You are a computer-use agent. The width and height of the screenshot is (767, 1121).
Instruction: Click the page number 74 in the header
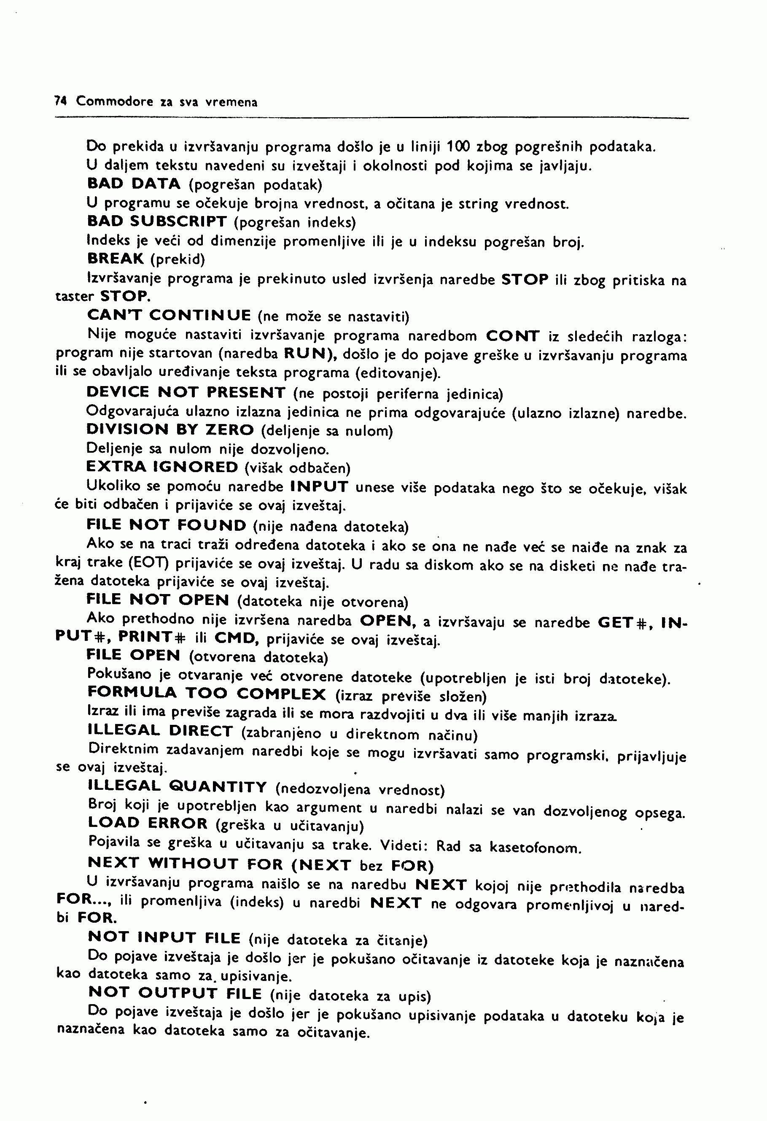click(60, 101)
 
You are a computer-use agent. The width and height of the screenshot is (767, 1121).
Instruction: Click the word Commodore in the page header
click(115, 101)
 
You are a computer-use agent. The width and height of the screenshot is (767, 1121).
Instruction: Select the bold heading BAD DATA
click(134, 184)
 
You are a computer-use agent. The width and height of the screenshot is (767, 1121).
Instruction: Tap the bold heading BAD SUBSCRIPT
click(157, 221)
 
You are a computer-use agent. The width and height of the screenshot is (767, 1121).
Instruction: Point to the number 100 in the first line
click(458, 146)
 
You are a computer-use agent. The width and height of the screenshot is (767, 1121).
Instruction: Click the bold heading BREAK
click(116, 259)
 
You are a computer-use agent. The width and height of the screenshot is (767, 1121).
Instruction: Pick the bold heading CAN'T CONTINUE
click(169, 316)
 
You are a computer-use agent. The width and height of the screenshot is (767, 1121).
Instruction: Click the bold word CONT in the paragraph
click(512, 335)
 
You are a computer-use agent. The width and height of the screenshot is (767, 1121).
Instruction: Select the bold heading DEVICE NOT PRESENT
click(186, 392)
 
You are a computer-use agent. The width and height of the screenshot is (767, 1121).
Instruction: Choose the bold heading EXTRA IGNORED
click(162, 467)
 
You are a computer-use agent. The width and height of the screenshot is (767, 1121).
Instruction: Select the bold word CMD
click(234, 639)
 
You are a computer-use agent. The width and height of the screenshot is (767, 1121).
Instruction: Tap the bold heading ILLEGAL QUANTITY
click(178, 786)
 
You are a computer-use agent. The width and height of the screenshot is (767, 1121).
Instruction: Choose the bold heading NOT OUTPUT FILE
click(175, 993)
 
